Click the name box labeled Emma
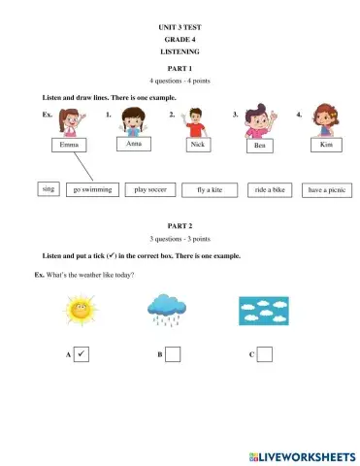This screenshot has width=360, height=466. pos(68,145)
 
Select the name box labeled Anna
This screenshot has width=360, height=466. pos(134,144)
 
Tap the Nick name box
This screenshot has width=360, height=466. pos(198,144)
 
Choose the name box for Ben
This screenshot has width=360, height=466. pos(259,146)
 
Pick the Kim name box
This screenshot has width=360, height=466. pos(325,144)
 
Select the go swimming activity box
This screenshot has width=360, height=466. pos(92,190)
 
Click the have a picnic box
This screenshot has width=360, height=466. pos(326,190)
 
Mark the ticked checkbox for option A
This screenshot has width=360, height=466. pos(82,355)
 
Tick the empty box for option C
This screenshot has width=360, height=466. pos(264,355)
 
